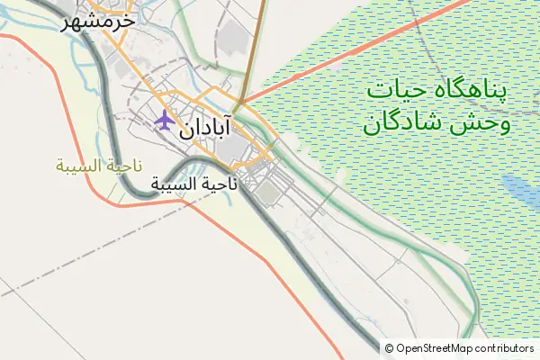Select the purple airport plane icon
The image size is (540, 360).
pos(164,120)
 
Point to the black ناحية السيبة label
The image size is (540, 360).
pos(194,184)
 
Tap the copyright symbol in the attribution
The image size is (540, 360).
pos(390,348)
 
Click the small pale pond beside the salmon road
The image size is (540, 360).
pos(336,67)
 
